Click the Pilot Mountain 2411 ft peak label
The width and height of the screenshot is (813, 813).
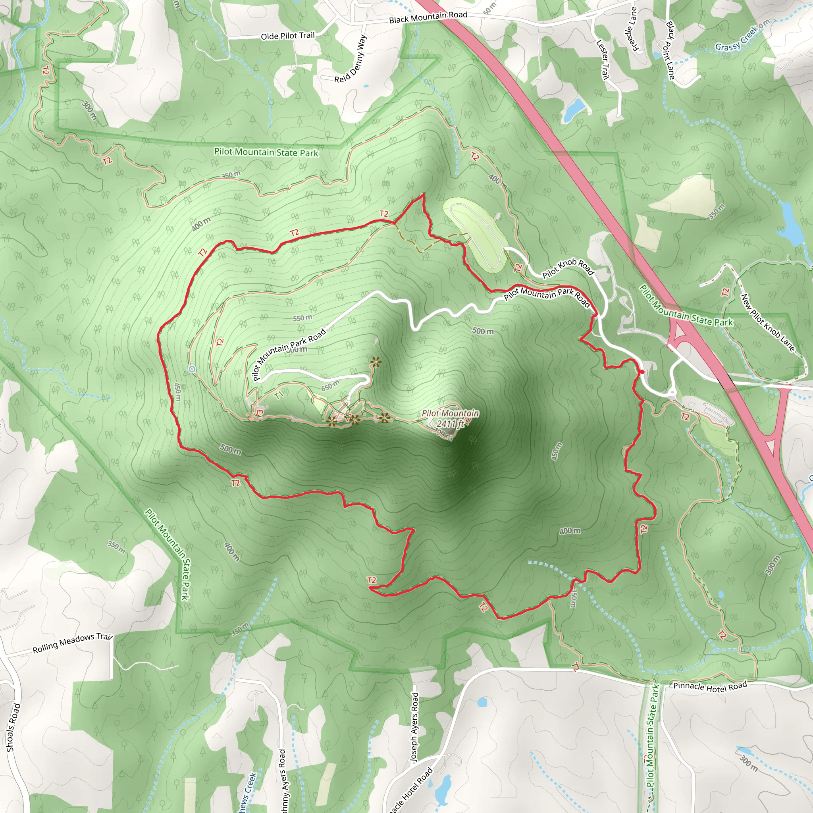pos(450,418)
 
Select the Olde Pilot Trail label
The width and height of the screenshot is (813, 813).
pos(288,36)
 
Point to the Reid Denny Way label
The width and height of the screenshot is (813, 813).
pos(351,59)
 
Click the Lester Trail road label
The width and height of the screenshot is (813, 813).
pos(603,59)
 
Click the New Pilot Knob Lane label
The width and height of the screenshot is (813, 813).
pos(768,323)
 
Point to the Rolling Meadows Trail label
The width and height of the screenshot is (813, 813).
pos(72,643)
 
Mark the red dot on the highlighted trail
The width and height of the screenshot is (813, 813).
pos(642,372)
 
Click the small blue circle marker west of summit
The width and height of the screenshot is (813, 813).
pos(192,370)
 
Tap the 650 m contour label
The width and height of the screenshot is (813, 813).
pos(330,385)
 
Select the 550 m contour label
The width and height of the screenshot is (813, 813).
pos(302,318)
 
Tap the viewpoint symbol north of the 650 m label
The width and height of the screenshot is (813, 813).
pos(376,362)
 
